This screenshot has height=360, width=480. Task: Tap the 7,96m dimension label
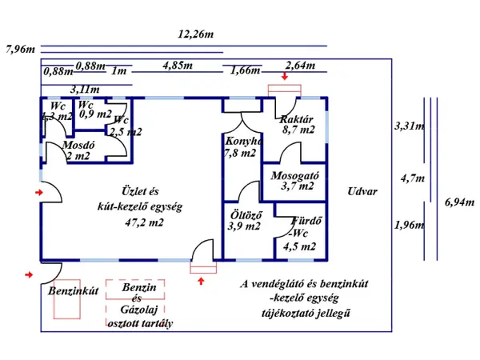(x=20, y=49)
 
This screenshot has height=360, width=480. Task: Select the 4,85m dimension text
(x=177, y=65)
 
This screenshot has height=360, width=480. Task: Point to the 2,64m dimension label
(x=300, y=65)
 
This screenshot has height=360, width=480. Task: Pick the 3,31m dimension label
(x=410, y=126)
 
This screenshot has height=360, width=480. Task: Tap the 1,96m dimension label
(x=410, y=225)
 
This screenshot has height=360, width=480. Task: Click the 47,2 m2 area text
(x=144, y=222)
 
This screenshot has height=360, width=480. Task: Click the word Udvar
(x=362, y=192)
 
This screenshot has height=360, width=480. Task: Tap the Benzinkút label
(x=72, y=290)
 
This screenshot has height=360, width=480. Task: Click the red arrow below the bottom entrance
(x=201, y=280)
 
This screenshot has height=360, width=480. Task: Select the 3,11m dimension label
(x=85, y=89)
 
